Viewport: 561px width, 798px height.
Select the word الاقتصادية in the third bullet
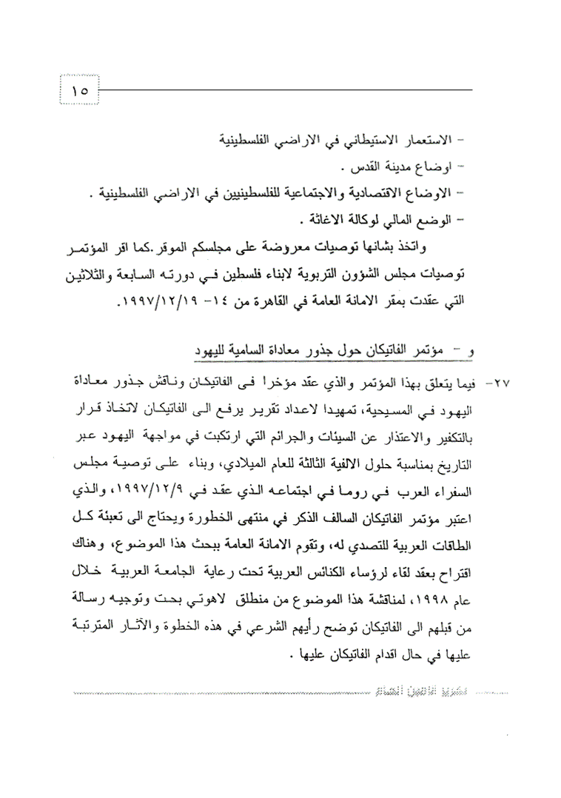point(392,193)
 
